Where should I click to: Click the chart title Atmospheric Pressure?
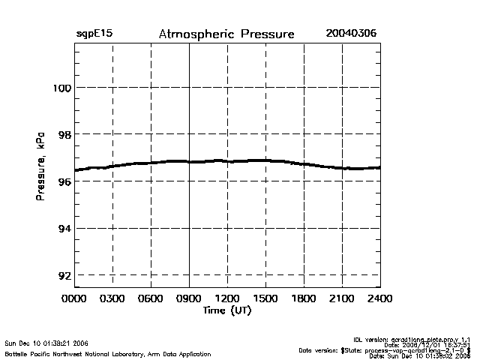point(226,34)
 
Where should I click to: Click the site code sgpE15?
point(93,34)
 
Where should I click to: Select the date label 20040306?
point(351,34)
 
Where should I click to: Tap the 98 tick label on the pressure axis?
point(62,134)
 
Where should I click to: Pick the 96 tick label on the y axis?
point(62,181)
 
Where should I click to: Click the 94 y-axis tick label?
point(62,228)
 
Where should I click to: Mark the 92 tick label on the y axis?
point(62,275)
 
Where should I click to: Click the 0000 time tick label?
point(74,298)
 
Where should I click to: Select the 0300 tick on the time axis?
point(112,298)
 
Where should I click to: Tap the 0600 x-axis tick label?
point(151,298)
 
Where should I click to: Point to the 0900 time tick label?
point(189,298)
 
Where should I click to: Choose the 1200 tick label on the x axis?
point(227,298)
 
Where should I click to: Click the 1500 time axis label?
point(265,298)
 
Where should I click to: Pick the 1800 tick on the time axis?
point(304,298)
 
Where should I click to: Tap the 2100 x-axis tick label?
point(342,298)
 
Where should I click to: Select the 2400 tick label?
point(379,298)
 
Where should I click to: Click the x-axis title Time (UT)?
point(226,310)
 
